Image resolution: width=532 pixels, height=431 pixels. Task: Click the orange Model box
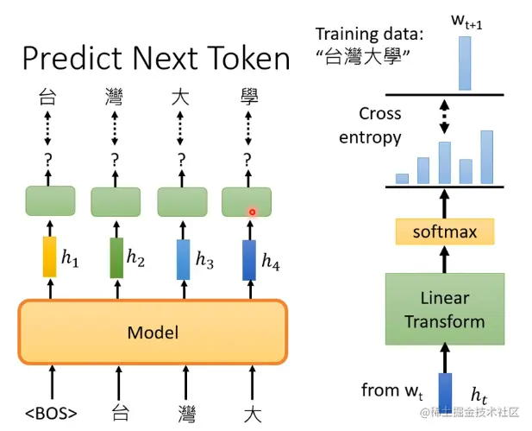pyautogui.click(x=152, y=333)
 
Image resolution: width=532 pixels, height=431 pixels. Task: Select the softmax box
pyautogui.click(x=444, y=231)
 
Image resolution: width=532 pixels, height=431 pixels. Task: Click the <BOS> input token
pyautogui.click(x=50, y=412)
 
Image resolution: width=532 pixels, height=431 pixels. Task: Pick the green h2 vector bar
pyautogui.click(x=116, y=258)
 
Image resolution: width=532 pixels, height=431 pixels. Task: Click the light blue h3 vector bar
pyautogui.click(x=183, y=258)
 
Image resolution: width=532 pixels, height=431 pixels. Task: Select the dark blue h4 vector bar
pyautogui.click(x=248, y=258)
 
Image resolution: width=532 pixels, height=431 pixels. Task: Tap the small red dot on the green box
pyautogui.click(x=253, y=211)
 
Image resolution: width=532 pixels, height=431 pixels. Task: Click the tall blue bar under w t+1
pyautogui.click(x=465, y=62)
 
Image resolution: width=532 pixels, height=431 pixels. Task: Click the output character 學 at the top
pyautogui.click(x=247, y=97)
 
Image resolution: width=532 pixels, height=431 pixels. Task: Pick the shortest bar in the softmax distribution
pyautogui.click(x=402, y=178)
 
